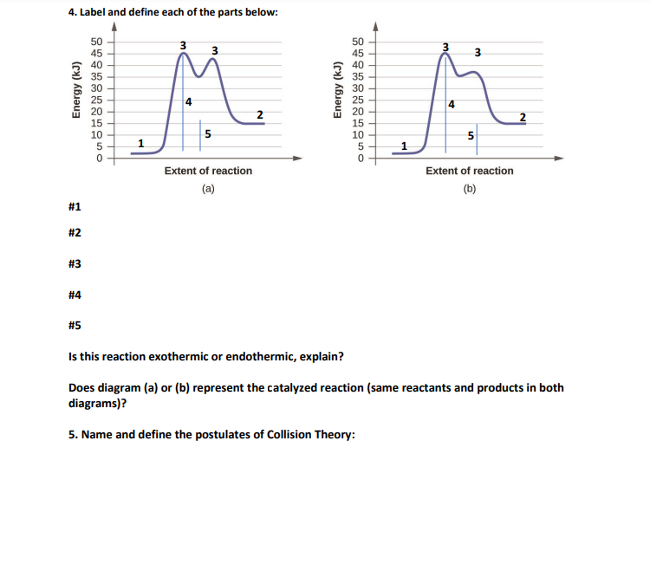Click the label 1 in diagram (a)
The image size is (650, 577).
[142, 142]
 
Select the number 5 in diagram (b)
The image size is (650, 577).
[470, 136]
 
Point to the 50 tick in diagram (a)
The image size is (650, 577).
[97, 41]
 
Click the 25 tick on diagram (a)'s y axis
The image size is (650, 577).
[97, 100]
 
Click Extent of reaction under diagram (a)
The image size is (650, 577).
[208, 172]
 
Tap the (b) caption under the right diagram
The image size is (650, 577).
[469, 188]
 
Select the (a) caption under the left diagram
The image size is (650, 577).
[208, 188]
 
